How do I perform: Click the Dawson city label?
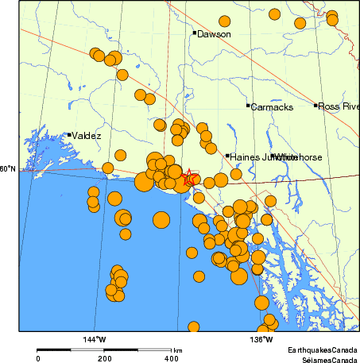coord(214,34)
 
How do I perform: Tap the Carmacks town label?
coord(272,106)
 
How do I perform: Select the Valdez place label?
coord(86,136)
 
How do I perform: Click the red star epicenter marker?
coord(191,178)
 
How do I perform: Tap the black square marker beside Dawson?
coord(194,33)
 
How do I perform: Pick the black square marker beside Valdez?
coord(69,135)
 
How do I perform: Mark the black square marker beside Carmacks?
coord(248,106)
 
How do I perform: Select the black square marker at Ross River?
coord(316,105)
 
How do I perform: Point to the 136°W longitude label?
coord(261,340)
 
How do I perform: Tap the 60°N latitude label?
coord(7,168)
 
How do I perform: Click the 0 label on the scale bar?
coord(38,359)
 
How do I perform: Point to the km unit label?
coord(178,350)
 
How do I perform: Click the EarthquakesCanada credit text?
coord(322,349)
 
